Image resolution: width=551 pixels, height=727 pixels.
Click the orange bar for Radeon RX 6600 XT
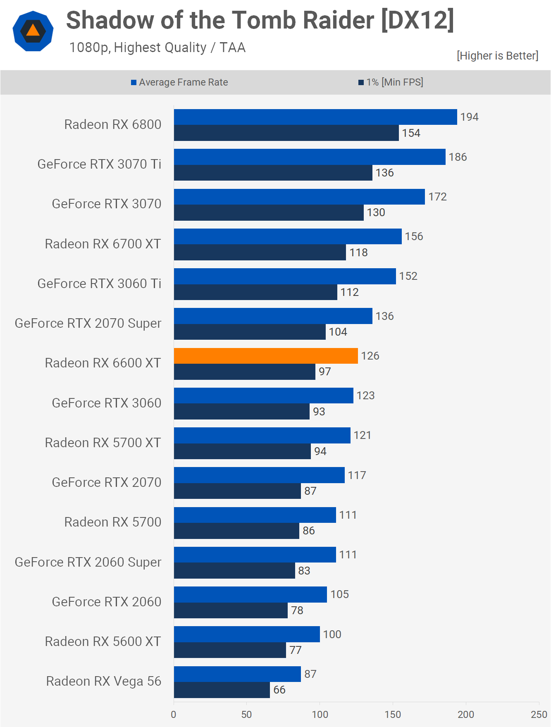[x=266, y=356]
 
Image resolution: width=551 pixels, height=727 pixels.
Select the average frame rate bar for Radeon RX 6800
[x=315, y=117]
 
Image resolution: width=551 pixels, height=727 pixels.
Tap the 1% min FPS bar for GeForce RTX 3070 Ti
[x=273, y=173]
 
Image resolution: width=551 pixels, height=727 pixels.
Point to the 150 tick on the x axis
[x=393, y=714]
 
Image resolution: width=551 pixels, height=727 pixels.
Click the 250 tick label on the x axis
[x=539, y=714]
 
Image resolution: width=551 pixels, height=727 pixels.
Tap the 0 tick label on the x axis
[x=174, y=714]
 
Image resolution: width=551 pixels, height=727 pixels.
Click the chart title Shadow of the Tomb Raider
[x=260, y=20]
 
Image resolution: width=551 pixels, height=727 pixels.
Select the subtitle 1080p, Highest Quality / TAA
[x=157, y=48]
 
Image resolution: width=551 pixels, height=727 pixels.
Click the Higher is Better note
[x=497, y=56]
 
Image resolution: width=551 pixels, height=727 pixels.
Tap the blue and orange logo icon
[x=33, y=31]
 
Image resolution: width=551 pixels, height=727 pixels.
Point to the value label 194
[x=469, y=117]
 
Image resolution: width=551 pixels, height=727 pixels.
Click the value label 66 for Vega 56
[x=279, y=689]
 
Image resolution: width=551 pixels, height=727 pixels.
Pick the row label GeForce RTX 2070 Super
[x=88, y=323]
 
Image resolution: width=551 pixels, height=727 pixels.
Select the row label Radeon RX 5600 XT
[x=103, y=641]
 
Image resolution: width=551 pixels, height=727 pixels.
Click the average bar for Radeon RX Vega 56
[x=237, y=674]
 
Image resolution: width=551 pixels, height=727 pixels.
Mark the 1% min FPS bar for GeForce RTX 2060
[x=231, y=610]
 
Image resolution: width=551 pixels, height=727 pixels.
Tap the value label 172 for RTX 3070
[x=437, y=197]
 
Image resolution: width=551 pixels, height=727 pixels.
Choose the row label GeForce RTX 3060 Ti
[x=99, y=284]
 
